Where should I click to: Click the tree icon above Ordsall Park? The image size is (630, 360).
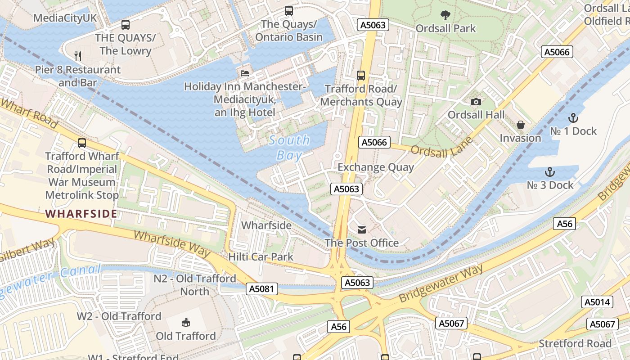445,15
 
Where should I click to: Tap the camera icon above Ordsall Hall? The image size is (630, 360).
476,102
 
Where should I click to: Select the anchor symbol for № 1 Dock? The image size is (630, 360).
573,118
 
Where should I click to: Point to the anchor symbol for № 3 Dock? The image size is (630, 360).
549,172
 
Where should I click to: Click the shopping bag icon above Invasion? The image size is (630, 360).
521,125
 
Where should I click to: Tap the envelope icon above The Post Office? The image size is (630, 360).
361,230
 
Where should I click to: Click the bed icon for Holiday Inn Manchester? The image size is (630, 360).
244,73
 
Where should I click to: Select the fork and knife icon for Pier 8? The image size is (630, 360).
78,56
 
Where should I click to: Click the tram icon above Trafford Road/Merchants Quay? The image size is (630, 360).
360,75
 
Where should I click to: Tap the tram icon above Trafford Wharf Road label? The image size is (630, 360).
81,143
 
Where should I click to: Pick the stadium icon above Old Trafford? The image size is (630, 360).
185,322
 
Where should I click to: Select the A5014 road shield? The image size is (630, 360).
597,302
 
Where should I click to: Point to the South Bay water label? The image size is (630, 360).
289,148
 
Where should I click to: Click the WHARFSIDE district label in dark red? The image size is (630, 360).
81,213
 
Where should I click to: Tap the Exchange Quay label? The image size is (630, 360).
376,167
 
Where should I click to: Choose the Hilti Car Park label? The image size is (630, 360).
261,257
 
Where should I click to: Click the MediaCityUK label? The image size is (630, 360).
65,18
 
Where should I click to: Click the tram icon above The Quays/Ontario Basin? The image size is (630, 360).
289,10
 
